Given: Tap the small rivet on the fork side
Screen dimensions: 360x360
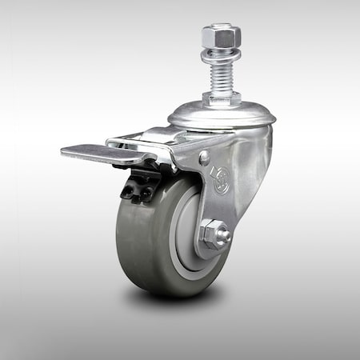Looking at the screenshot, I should pyautogui.click(x=205, y=158).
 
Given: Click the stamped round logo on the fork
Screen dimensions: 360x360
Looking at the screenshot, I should pyautogui.click(x=219, y=180).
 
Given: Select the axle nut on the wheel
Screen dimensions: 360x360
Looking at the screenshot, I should pyautogui.click(x=214, y=234).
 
